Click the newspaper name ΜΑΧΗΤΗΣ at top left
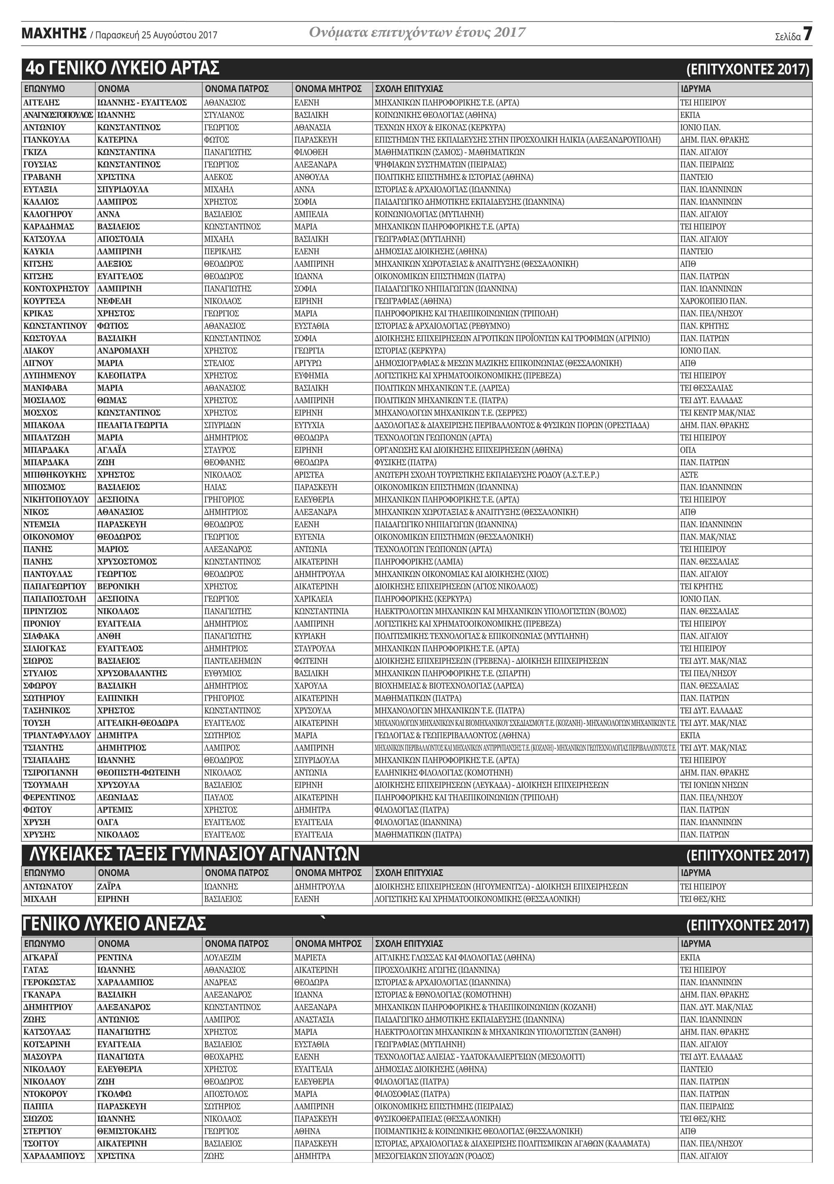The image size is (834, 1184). tap(54, 34)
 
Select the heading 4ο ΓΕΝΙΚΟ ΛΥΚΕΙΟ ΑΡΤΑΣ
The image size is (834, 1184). tap(123, 68)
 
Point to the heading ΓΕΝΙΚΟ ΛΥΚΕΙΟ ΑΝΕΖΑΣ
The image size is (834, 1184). tap(115, 924)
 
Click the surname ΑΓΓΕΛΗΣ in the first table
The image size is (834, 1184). tap(42, 103)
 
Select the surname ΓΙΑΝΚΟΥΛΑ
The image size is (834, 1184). tap(46, 140)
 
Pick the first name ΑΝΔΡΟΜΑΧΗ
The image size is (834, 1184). tap(123, 351)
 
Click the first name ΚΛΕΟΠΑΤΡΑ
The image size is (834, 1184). tap(122, 375)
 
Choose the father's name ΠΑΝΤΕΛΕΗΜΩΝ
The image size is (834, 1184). tap(233, 661)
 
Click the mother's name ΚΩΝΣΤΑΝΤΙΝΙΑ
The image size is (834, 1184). tap(322, 611)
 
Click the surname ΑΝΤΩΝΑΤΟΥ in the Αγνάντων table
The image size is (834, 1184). tap(48, 887)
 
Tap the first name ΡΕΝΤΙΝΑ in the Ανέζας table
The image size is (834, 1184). tap(115, 957)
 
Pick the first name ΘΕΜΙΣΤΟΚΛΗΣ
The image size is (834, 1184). tap(127, 1131)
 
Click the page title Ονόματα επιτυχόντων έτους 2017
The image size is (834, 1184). tap(417, 33)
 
